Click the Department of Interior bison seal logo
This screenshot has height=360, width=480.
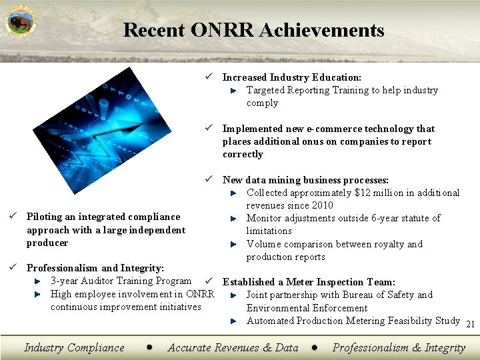click(21, 21)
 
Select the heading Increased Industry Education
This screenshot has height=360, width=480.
click(291, 77)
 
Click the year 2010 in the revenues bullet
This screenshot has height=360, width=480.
click(322, 205)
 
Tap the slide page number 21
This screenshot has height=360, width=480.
click(470, 325)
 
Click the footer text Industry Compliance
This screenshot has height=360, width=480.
click(74, 347)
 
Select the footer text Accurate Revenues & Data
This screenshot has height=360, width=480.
click(233, 347)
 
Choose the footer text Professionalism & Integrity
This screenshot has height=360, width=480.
click(399, 347)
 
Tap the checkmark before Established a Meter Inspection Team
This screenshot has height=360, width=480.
click(209, 282)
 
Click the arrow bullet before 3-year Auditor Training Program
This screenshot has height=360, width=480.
click(39, 282)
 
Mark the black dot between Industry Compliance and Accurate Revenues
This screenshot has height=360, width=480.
click(150, 347)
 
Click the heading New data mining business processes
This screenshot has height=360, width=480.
click(305, 180)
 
